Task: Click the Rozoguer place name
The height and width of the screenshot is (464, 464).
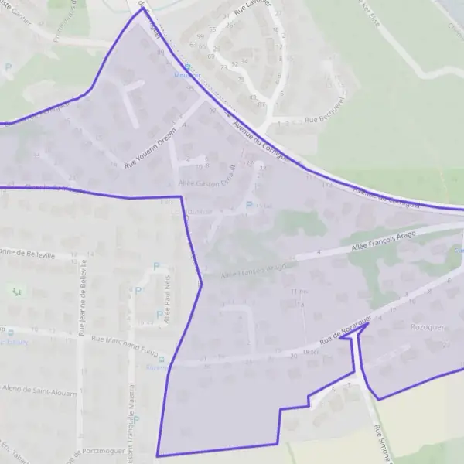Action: point(428,327)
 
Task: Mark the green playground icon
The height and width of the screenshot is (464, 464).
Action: point(17,291)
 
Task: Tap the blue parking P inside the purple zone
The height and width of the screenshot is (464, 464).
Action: point(249,206)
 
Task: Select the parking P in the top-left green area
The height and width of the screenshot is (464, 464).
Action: point(9,67)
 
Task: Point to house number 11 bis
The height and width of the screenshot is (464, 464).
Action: point(299,292)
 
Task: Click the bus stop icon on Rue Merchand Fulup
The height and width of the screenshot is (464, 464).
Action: point(160,359)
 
